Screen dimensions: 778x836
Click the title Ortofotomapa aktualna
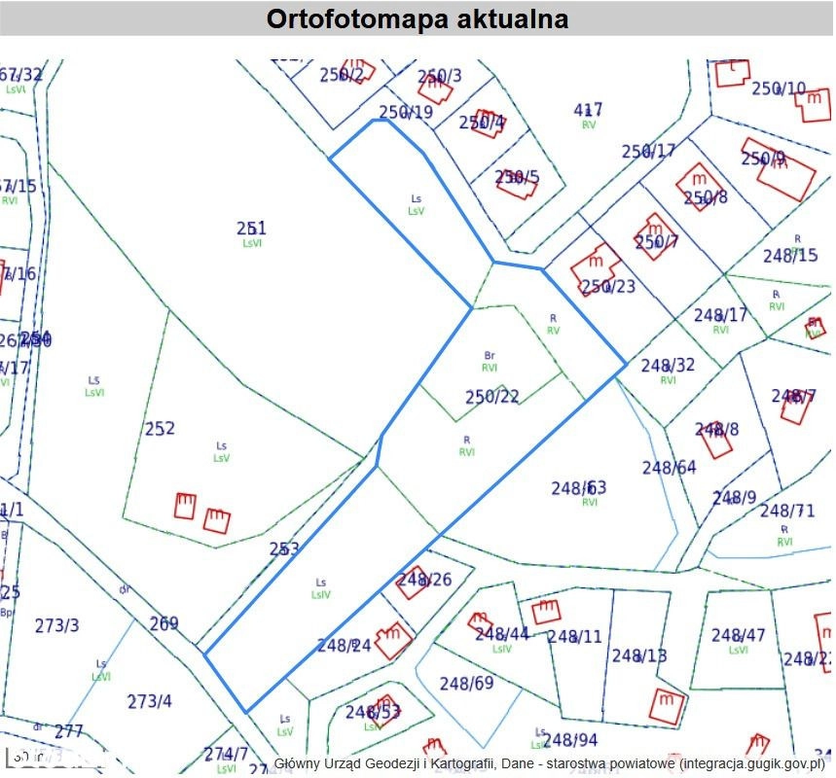(418, 18)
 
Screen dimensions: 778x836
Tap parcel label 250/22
(492, 397)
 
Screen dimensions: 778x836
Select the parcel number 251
(251, 228)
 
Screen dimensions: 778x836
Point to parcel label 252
(160, 428)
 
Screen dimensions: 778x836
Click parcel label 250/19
(406, 113)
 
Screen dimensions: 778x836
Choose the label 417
(589, 110)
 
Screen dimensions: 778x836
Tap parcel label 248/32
(668, 365)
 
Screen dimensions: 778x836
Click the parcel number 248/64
(670, 468)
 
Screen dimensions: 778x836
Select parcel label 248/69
(467, 683)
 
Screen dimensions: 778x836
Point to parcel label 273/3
(57, 625)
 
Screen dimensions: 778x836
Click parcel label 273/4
(150, 701)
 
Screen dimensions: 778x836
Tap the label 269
(164, 623)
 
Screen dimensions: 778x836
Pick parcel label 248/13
(639, 655)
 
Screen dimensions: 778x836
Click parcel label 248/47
(739, 635)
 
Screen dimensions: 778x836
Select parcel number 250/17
(648, 152)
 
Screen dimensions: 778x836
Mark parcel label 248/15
(790, 256)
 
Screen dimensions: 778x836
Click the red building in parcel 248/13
(668, 705)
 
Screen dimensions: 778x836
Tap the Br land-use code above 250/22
(490, 355)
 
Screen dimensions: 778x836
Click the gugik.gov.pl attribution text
(549, 763)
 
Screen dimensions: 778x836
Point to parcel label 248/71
(787, 511)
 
